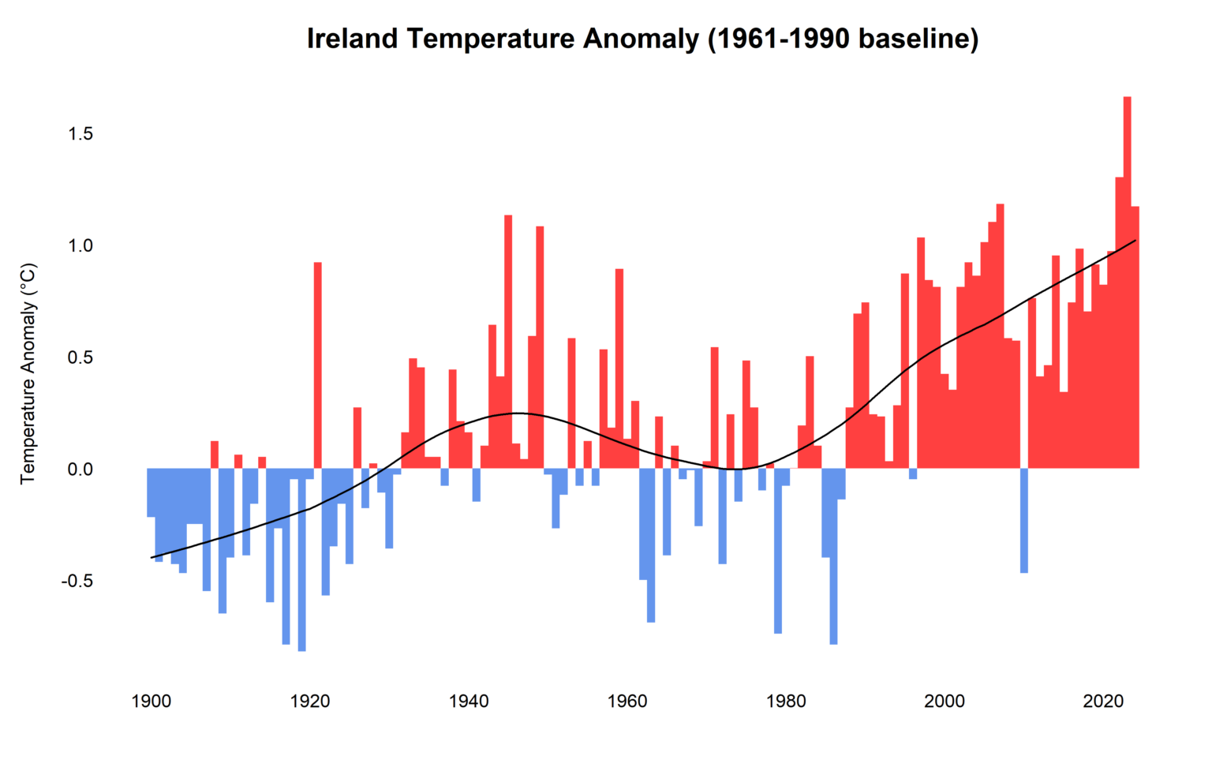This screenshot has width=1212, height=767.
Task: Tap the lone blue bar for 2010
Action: (1024, 521)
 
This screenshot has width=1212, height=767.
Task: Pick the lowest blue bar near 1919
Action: (302, 560)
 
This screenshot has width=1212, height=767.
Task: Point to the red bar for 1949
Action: (541, 347)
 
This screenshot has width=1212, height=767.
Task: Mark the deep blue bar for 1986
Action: (834, 556)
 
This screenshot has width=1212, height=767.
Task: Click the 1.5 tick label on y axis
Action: (80, 134)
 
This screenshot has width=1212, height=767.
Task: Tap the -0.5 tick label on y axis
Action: (78, 582)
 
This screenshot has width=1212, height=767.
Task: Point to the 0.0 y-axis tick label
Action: (80, 470)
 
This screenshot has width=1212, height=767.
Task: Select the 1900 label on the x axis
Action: (151, 702)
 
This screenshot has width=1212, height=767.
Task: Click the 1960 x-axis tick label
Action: (627, 702)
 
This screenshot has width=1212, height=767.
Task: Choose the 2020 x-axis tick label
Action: (1103, 702)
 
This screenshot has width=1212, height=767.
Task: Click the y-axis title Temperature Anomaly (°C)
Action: (28, 373)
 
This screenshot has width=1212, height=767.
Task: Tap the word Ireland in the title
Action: (353, 38)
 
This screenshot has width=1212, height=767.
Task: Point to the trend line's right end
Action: (1135, 240)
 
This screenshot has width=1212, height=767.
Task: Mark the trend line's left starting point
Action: (151, 558)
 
